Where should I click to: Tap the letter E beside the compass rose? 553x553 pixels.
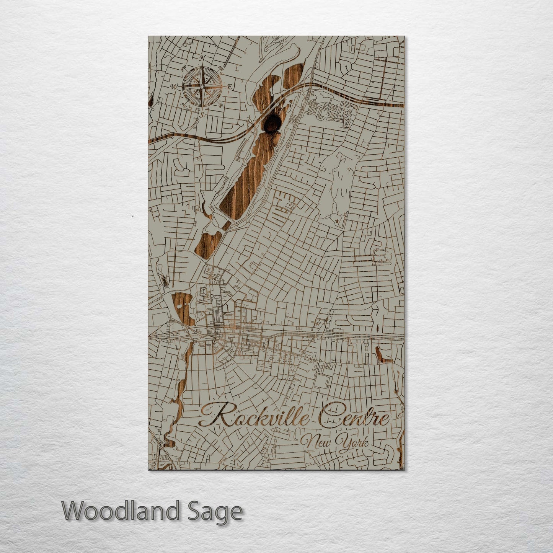[x=229, y=86]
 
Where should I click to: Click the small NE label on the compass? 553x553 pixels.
[x=221, y=69]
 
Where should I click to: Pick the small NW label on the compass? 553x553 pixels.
[x=184, y=69]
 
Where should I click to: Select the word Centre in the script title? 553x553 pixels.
[x=354, y=415]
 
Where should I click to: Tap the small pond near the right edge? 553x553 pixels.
[x=383, y=355]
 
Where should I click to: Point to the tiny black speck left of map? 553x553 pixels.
[x=132, y=216]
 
